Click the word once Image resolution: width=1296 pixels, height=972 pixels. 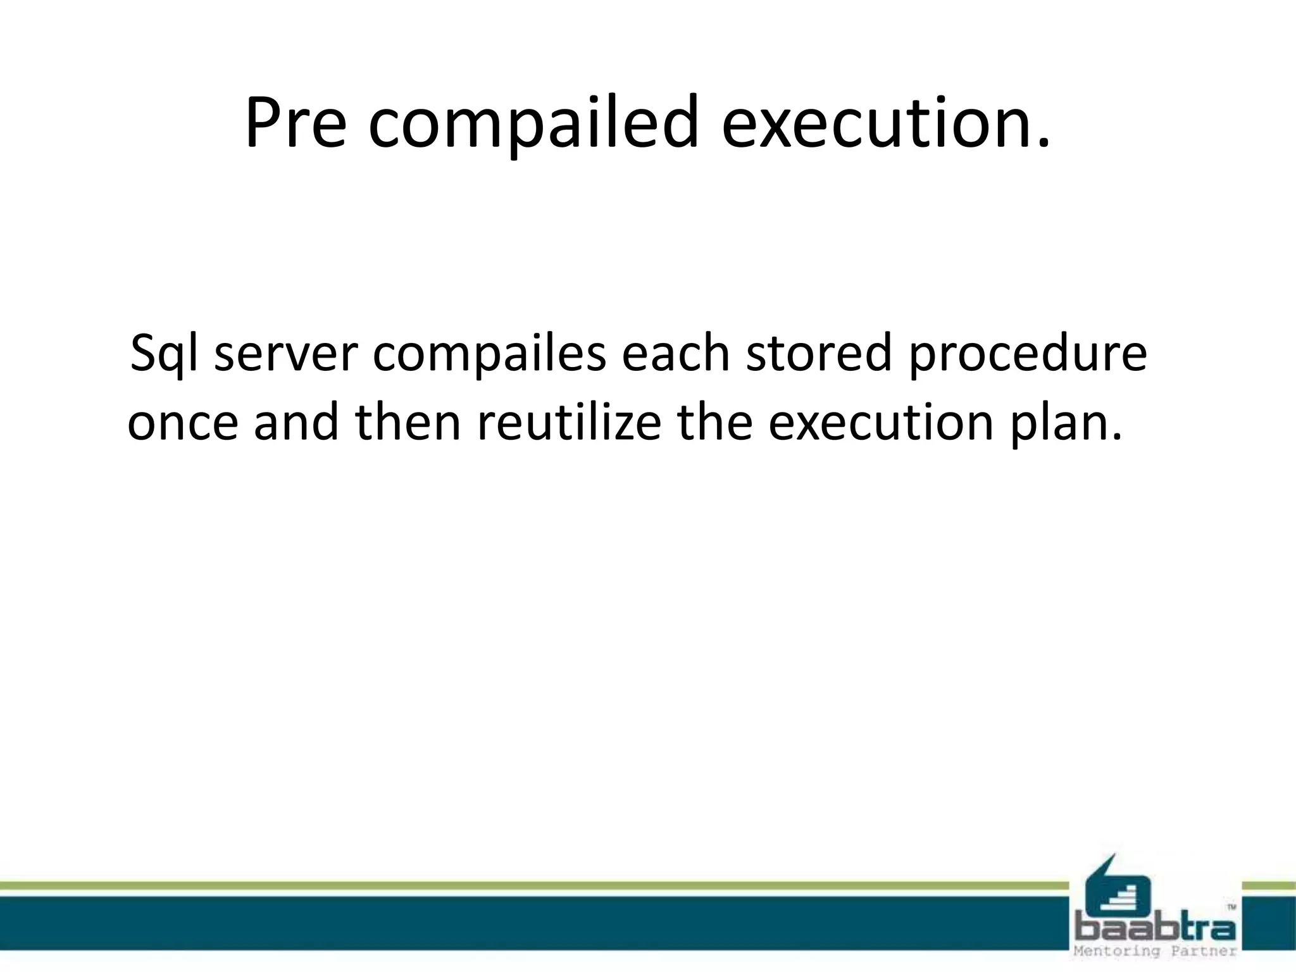pos(183,422)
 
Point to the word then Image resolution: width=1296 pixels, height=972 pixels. pos(408,422)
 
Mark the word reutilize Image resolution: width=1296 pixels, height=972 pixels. pos(569,422)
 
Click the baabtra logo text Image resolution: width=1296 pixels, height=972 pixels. pos(1156,929)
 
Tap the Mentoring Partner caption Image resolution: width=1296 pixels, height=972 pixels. pos(1156,952)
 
